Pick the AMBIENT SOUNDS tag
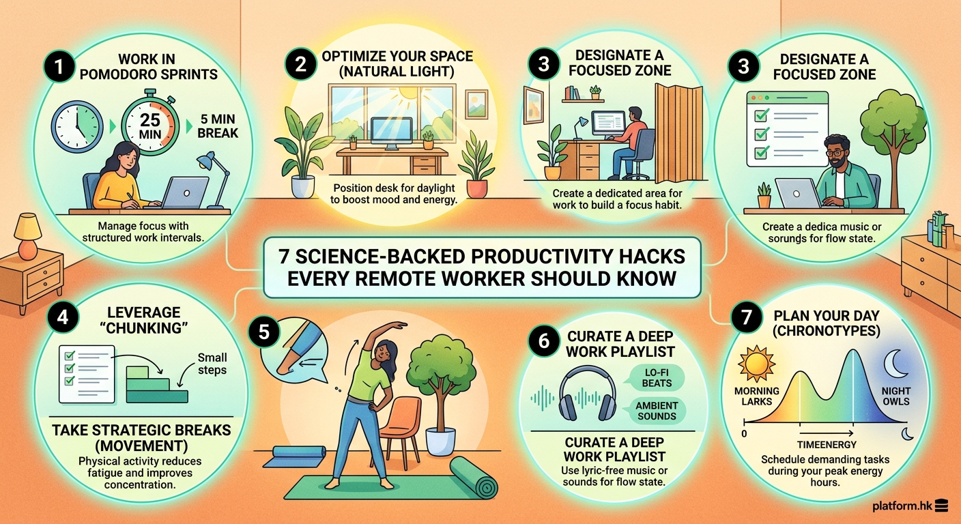pyautogui.click(x=657, y=411)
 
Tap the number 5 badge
pyautogui.click(x=263, y=333)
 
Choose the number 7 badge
pyautogui.click(x=745, y=317)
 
